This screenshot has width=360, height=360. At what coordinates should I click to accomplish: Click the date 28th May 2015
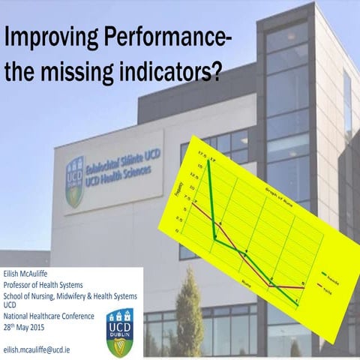point(25,326)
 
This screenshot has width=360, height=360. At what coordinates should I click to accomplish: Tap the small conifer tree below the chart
point(188,307)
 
